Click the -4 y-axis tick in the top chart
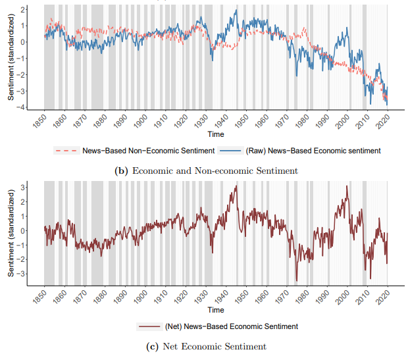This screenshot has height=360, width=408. pos(22,107)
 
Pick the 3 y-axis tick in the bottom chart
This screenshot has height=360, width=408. pos(22,187)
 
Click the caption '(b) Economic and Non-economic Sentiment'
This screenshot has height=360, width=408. pos(206,170)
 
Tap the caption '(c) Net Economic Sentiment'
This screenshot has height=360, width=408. pos(206,346)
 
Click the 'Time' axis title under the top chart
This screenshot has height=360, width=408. pos(215,134)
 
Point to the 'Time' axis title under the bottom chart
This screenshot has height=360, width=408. pos(215,309)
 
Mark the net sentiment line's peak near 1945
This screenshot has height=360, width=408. pos(236,186)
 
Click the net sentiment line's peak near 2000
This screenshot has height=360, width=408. pos(347,186)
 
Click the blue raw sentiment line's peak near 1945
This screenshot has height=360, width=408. pos(236,11)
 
